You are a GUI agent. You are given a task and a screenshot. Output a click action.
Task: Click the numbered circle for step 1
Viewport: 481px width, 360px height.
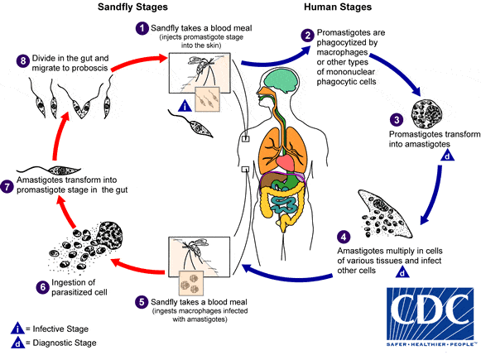coord(142,28)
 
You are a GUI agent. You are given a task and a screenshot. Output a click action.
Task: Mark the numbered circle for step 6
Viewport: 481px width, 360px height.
coord(19,287)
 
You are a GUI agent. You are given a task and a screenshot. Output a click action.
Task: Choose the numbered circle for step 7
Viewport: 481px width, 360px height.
coord(10,188)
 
